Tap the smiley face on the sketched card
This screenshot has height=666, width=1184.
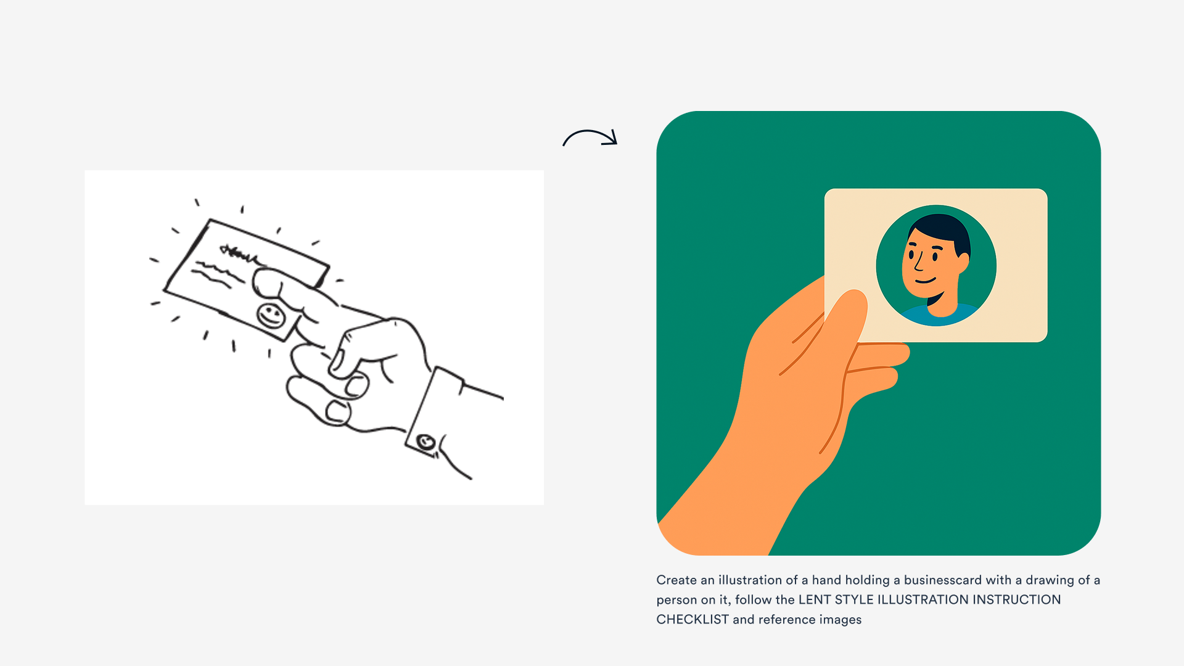[x=271, y=316]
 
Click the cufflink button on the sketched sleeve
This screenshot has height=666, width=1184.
[x=425, y=442]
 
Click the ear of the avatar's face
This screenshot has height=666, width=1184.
[x=963, y=264]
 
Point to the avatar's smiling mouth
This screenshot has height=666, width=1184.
[x=926, y=281]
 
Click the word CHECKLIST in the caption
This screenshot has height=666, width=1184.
[x=692, y=619]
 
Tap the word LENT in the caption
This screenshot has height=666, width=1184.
[x=814, y=599]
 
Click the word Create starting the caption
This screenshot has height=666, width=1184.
[x=676, y=580]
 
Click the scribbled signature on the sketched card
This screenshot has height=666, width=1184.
[x=237, y=252]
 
